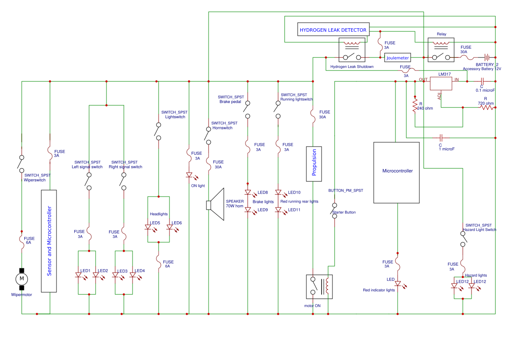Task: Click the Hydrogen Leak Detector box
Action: coord(333,30)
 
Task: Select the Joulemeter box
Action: coord(398,58)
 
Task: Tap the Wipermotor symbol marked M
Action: coord(22,278)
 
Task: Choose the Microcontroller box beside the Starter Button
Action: coord(397,173)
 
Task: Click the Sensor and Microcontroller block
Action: coord(50,241)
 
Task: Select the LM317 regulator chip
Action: coord(441,83)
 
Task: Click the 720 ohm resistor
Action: coord(487,107)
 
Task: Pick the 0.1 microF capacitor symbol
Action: coord(482,81)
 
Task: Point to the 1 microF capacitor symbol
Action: coord(441,137)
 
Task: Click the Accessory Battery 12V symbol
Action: coord(488,57)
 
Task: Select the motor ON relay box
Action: coord(319,287)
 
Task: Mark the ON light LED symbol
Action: coord(189,175)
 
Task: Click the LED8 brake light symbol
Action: coord(248,192)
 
